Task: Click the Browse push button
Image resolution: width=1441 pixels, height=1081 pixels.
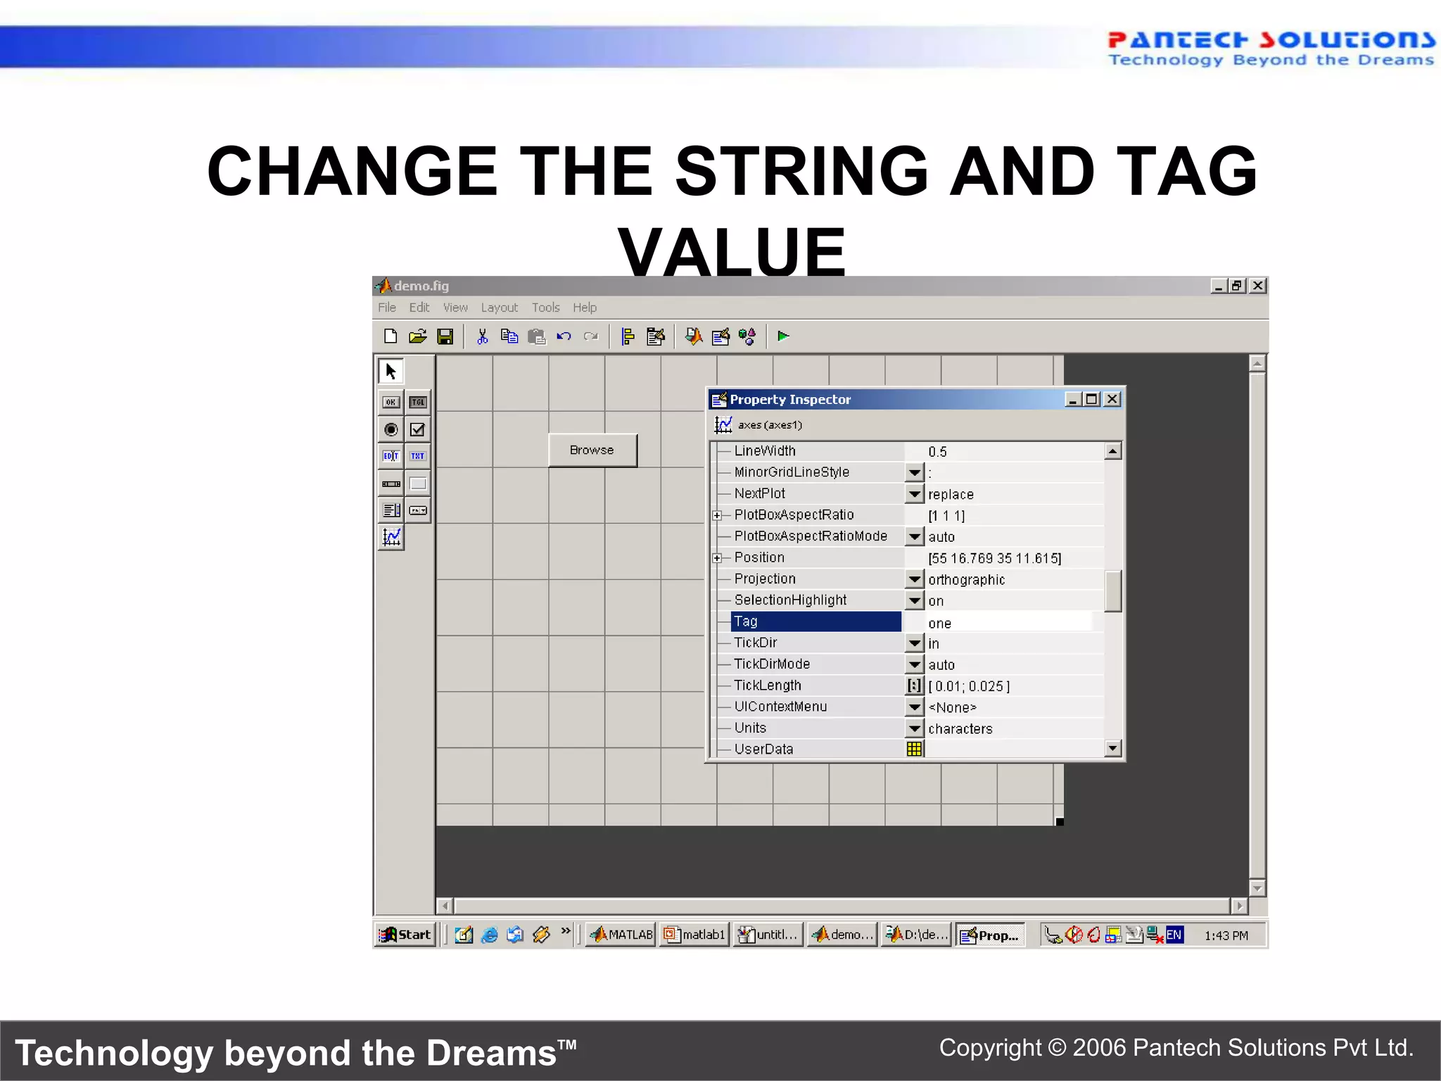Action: point(592,450)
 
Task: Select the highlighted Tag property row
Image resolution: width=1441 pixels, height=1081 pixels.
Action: point(815,621)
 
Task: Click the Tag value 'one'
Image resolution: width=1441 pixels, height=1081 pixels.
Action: point(939,623)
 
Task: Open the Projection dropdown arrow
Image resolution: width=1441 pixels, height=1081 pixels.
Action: point(914,579)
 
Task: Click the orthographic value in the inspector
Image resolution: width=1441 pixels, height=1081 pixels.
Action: point(966,580)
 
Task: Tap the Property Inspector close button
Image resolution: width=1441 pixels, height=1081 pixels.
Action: point(1112,399)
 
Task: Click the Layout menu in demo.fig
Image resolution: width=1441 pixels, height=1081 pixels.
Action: point(499,308)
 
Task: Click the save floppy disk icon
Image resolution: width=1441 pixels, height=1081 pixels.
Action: point(445,336)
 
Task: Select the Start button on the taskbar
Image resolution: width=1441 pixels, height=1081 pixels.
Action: point(405,935)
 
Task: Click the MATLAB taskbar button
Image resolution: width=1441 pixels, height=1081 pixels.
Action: point(621,935)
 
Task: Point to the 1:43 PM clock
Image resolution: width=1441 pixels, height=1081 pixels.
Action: point(1226,935)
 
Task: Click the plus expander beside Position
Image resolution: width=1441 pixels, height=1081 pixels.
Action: point(716,558)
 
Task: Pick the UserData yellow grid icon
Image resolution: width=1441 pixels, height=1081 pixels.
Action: point(914,749)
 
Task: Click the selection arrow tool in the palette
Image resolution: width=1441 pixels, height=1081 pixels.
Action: point(391,371)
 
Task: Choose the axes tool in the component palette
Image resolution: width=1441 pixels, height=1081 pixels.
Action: point(391,538)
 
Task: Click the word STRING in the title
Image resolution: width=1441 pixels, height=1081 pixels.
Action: point(801,171)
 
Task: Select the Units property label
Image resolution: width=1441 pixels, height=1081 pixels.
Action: point(750,728)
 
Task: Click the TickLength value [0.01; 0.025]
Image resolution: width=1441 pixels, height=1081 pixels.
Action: point(969,686)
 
